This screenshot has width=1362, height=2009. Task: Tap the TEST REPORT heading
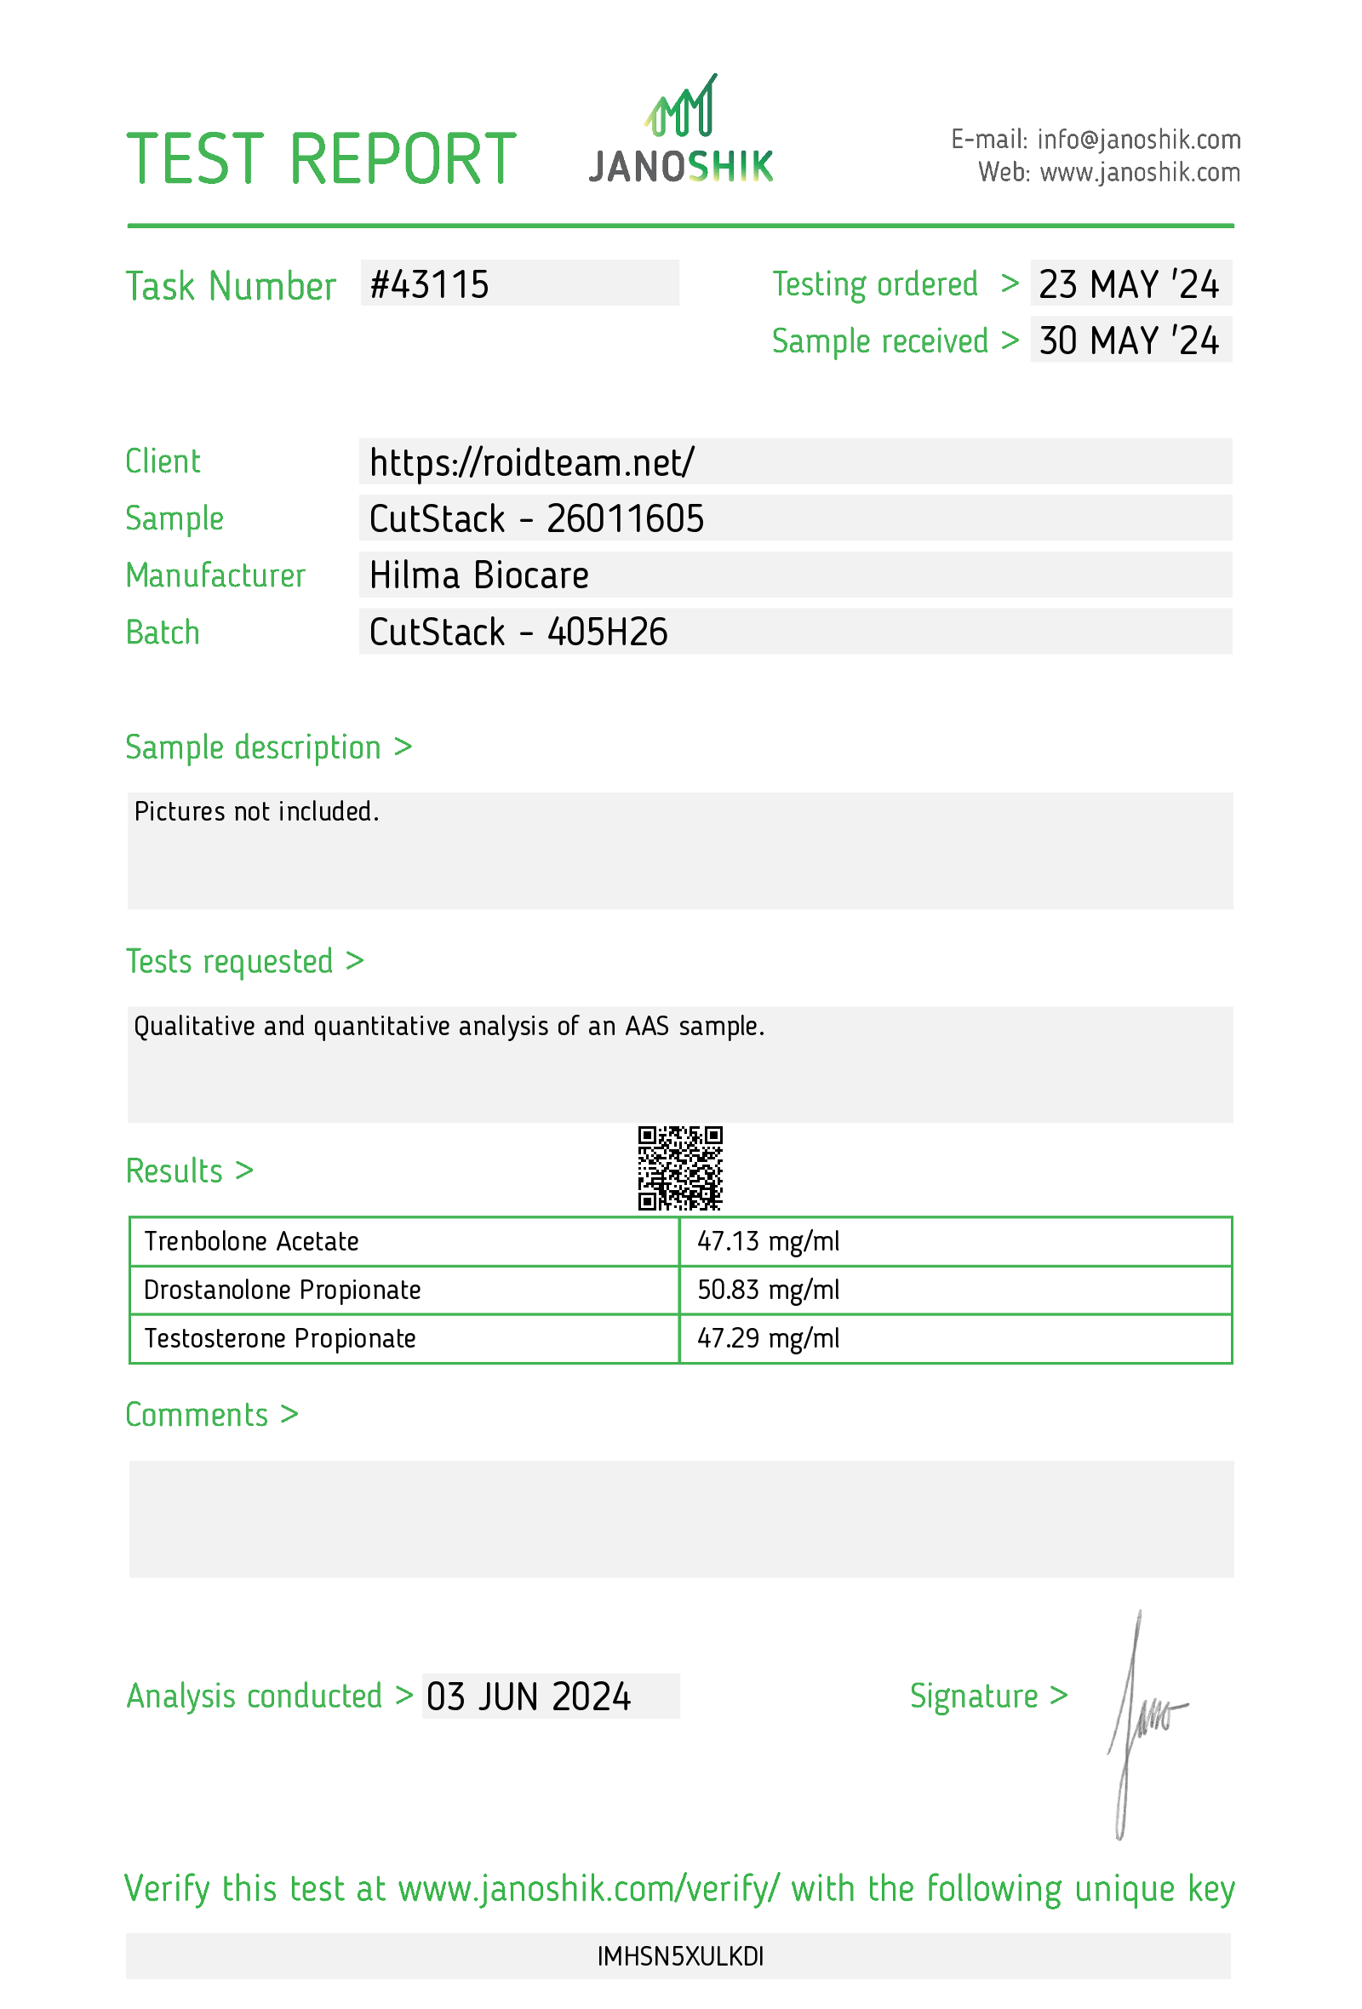[x=321, y=159]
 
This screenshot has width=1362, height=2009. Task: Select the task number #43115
[x=430, y=284]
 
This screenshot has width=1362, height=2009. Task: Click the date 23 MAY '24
[x=1128, y=284]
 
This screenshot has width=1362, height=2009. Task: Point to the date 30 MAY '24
[x=1128, y=341]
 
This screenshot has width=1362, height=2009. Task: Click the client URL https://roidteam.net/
[x=531, y=462]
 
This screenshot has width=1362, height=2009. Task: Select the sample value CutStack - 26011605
[x=535, y=518]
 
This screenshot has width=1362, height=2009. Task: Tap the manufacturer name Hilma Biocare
[x=478, y=575]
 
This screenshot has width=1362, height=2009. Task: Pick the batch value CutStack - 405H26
[x=518, y=632]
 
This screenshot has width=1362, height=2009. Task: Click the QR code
[x=680, y=1168]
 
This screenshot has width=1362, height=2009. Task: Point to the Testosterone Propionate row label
[x=280, y=1338]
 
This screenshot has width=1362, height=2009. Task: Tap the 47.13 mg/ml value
[x=768, y=1241]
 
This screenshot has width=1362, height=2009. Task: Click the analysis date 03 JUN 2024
[x=528, y=1697]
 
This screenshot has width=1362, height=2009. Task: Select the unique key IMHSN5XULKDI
[x=680, y=1957]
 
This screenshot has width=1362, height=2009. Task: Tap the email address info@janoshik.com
[x=1138, y=139]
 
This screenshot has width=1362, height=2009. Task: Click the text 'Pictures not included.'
[x=257, y=812]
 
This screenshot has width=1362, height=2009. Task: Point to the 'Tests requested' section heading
[x=244, y=961]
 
